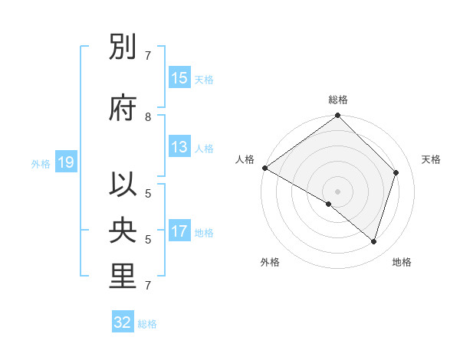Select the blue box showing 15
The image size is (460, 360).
pos(179,78)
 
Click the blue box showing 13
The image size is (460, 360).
pos(179,147)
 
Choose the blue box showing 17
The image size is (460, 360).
pos(179,232)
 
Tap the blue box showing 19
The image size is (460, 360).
pos(65,162)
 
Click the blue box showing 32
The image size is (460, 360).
pos(123,322)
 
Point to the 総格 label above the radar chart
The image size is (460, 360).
pos(337,100)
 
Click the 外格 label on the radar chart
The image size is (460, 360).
pos(270,262)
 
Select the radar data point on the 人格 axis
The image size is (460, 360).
pos(264,168)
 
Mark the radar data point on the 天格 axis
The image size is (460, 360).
pos(396,172)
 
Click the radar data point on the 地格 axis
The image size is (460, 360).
pos(374,241)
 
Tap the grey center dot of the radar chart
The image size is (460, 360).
pos(337,191)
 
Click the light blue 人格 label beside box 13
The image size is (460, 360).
pos(204,148)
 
